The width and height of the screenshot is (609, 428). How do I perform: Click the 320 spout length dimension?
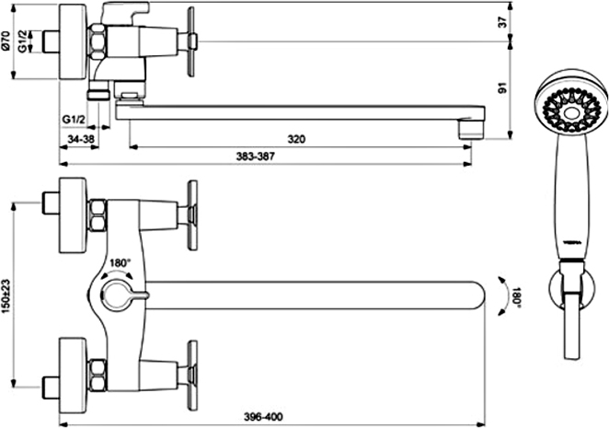296,139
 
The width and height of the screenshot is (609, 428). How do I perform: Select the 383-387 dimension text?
255,156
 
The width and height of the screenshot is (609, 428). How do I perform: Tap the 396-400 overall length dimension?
263,417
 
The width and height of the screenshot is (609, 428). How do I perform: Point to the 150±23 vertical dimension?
6,295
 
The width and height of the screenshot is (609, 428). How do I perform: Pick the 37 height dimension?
503,22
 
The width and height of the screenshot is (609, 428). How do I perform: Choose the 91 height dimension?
503,88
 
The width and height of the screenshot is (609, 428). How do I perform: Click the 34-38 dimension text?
81,138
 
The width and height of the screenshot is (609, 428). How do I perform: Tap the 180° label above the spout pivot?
119,263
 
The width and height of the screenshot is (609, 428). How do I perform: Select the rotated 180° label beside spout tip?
516,297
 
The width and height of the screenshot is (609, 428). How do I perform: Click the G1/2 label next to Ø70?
22,41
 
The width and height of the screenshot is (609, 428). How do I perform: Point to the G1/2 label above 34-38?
74,120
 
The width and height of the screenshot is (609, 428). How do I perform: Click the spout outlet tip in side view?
472,129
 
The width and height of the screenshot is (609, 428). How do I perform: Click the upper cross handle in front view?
192,215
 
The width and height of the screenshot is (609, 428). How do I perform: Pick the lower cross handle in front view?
192,376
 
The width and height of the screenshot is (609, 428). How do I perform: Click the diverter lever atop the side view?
124,12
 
